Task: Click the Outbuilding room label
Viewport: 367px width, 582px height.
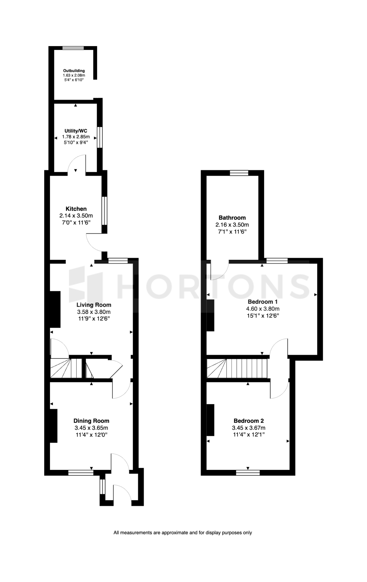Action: [x=74, y=71]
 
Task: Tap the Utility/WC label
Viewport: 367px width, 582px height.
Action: [x=76, y=131]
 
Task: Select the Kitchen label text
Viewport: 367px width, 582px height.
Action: [x=76, y=209]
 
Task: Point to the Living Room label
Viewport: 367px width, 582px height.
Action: [x=94, y=305]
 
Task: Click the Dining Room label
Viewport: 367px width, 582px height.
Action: [x=91, y=421]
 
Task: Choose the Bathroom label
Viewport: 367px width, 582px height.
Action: [x=232, y=218]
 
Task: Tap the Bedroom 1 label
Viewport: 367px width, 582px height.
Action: [x=263, y=302]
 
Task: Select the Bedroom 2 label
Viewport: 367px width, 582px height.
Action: [x=249, y=421]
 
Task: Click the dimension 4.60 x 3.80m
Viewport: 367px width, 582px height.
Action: [x=263, y=309]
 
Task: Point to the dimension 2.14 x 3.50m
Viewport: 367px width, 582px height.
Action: [x=76, y=216]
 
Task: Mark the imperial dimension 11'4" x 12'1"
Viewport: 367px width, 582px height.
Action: [x=249, y=435]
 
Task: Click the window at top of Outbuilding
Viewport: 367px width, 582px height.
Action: [x=73, y=48]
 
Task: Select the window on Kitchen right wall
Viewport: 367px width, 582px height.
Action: [x=104, y=211]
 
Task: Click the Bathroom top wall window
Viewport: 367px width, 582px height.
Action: [x=239, y=173]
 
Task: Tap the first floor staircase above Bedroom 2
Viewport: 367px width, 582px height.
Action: [x=238, y=368]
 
